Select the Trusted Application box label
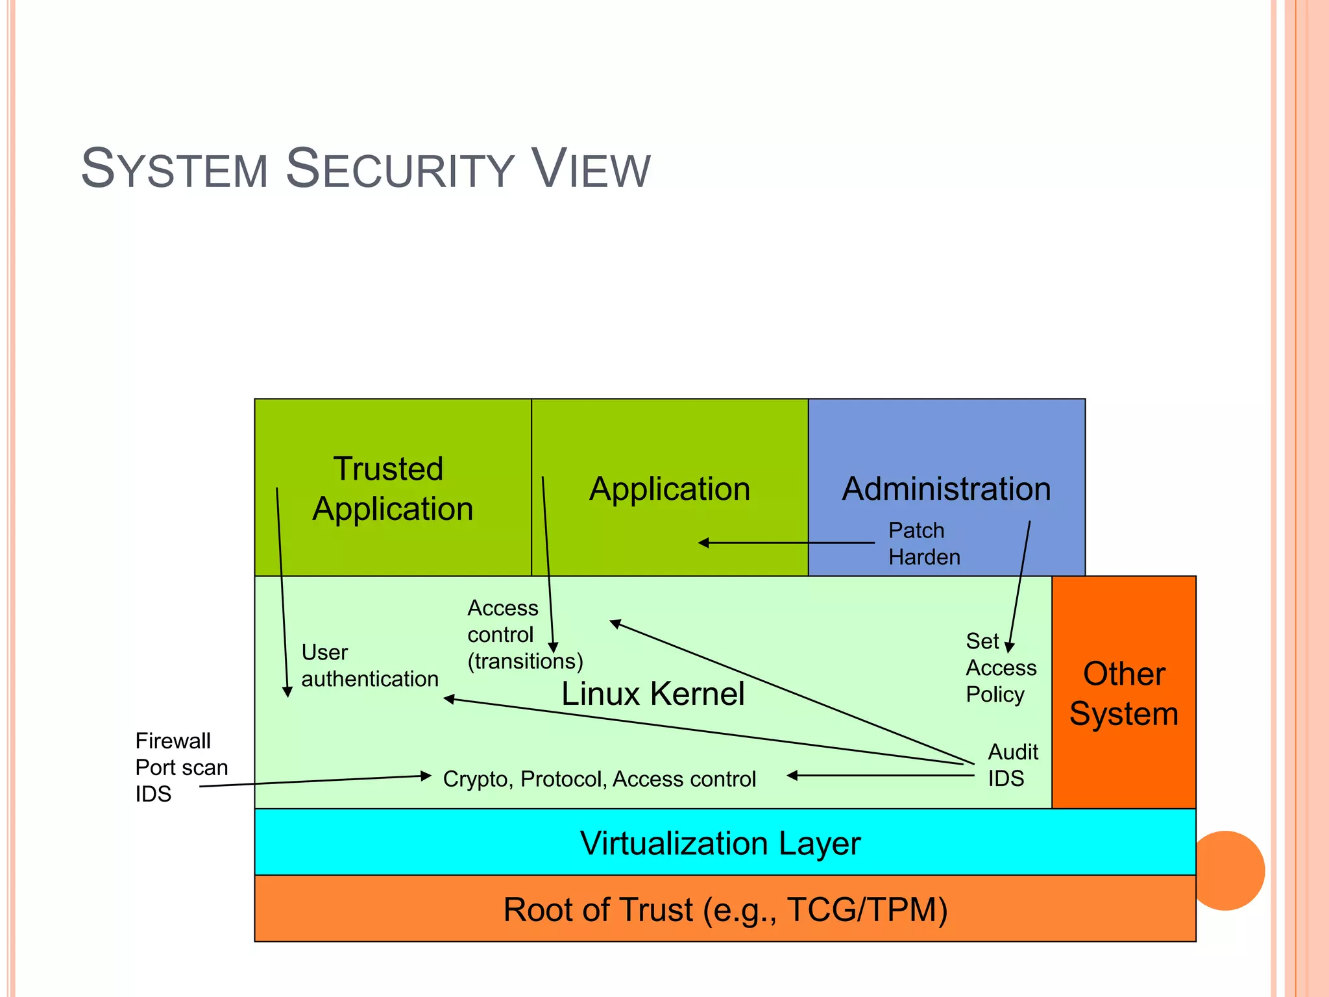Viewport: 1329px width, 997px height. pos(392,488)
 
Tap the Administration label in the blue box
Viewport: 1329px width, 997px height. pos(946,488)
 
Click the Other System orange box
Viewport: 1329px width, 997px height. pos(1123,693)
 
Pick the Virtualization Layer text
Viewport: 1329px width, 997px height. pos(720,843)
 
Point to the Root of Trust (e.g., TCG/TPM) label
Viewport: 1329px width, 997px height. pos(725,909)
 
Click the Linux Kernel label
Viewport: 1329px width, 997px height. pos(652,693)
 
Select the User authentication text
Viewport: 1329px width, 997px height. pos(369,665)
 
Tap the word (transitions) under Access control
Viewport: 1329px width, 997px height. pos(525,661)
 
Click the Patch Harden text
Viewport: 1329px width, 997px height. pos(923,543)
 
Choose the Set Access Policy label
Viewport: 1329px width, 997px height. pos(1000,667)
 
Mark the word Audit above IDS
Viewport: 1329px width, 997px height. pos(1012,752)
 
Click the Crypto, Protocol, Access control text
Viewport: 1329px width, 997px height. pos(599,778)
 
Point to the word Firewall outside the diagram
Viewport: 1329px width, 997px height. pos(173,741)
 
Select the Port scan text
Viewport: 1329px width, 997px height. pos(181,767)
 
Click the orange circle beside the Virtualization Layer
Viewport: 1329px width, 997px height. pos(1228,870)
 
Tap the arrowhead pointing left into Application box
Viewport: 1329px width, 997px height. pos(703,543)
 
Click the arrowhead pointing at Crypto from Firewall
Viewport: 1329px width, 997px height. pos(426,776)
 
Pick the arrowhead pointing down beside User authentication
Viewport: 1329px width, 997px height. pos(287,693)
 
